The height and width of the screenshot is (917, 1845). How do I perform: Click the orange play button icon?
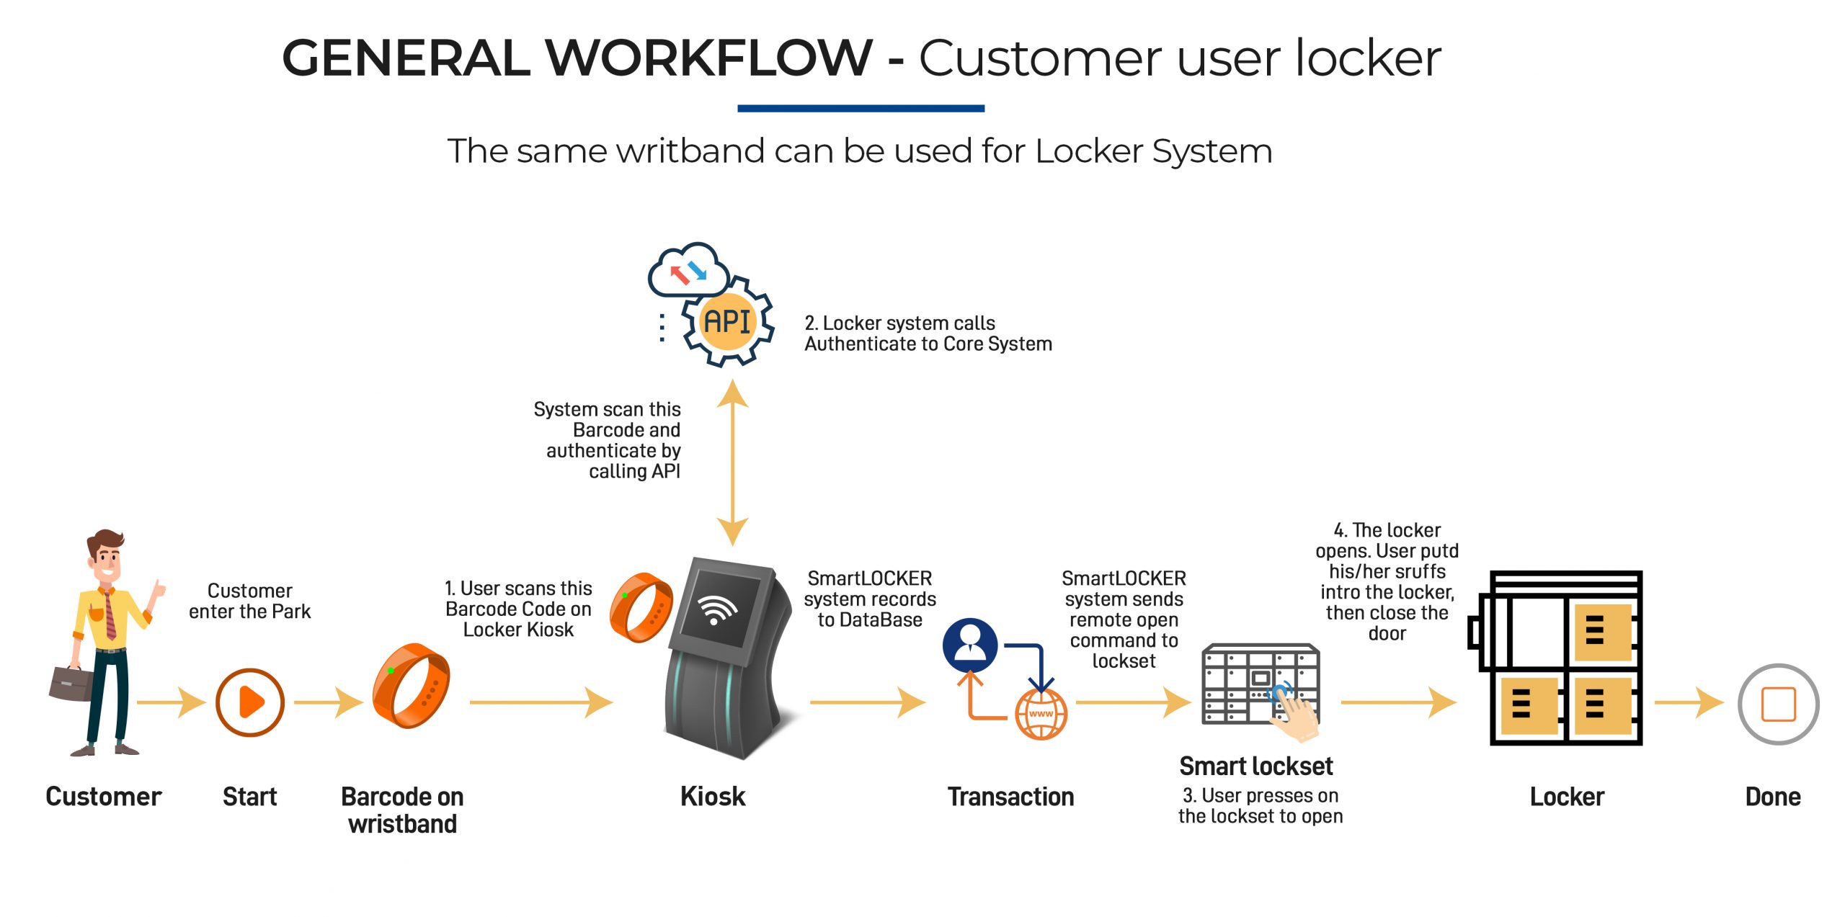(249, 702)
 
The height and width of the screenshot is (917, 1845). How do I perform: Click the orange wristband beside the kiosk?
(640, 607)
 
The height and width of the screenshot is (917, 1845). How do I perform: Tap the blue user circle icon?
(970, 644)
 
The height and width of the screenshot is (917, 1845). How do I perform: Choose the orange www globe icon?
(1041, 714)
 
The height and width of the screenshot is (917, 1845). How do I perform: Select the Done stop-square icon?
(1778, 704)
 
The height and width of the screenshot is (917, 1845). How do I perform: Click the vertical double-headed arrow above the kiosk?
(732, 462)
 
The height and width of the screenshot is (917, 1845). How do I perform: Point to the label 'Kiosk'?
(713, 797)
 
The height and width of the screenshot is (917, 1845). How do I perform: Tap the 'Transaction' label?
(1010, 797)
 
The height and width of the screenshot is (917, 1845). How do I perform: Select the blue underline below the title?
(861, 109)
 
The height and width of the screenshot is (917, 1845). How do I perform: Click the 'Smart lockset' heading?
(1255, 766)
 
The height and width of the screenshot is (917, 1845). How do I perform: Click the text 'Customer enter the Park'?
(249, 601)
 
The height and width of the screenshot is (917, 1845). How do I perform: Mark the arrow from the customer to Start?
(171, 702)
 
